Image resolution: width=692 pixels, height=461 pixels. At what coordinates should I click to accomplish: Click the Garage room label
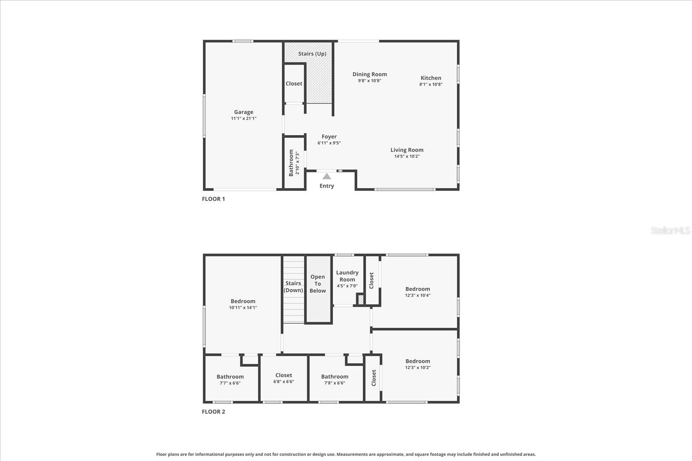coord(243,112)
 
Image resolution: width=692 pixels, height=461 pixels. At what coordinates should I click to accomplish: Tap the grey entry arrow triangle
coord(327,176)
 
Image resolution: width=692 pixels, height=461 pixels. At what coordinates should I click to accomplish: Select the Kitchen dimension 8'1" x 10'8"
coord(431,84)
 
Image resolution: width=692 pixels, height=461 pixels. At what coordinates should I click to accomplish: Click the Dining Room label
coord(369,74)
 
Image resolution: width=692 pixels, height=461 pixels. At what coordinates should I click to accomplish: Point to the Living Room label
coord(407,150)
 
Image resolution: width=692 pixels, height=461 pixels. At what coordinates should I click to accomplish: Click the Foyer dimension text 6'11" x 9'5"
coord(329,143)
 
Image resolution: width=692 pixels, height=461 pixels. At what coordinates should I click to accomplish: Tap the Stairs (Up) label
coord(312,54)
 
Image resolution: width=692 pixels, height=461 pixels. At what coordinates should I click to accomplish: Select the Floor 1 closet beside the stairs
coord(294,84)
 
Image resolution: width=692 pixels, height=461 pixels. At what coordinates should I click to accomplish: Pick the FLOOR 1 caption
coord(213,199)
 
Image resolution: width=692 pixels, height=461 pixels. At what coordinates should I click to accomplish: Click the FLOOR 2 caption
coord(213,411)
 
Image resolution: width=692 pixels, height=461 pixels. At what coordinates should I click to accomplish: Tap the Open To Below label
coord(318,284)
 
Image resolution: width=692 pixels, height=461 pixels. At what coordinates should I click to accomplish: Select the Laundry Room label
coord(347,276)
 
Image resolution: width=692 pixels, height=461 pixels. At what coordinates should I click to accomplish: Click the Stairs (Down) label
coord(293,286)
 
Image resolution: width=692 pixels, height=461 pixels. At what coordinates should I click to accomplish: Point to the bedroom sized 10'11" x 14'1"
coord(243,304)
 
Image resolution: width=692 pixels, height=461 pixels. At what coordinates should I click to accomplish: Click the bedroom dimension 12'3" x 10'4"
coord(418,296)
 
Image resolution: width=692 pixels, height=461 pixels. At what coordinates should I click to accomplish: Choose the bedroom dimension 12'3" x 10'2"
coord(418,368)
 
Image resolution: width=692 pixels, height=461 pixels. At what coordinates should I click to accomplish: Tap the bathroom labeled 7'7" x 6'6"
coord(230,379)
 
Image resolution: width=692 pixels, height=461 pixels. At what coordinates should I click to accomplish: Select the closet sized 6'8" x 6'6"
coord(284,378)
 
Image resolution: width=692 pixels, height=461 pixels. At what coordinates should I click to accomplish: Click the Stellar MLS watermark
coord(670,230)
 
